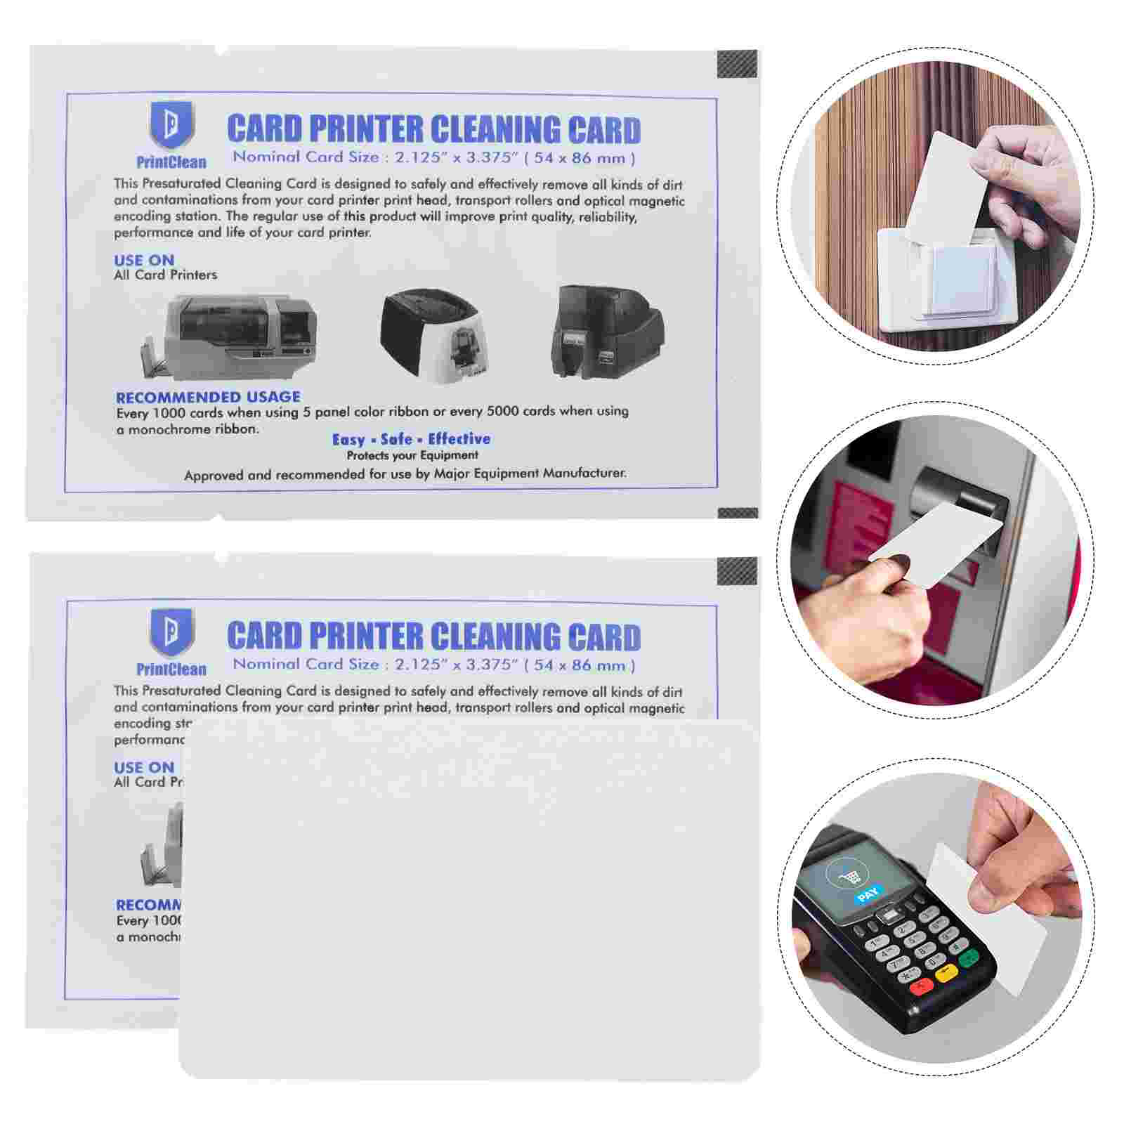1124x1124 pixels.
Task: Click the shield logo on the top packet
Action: (x=171, y=125)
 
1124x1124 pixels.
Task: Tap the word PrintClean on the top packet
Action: (x=171, y=162)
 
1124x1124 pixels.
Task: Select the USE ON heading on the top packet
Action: (x=144, y=260)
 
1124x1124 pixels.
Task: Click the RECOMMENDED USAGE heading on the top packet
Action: (x=208, y=397)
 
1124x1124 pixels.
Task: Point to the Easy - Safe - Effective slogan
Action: (x=411, y=440)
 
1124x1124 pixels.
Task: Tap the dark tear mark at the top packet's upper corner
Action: (x=738, y=65)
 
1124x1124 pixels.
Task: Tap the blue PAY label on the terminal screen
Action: (x=868, y=894)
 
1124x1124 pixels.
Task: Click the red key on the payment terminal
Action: (x=920, y=988)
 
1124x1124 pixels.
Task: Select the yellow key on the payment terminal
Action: (x=946, y=973)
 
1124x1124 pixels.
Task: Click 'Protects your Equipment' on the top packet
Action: (x=412, y=455)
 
